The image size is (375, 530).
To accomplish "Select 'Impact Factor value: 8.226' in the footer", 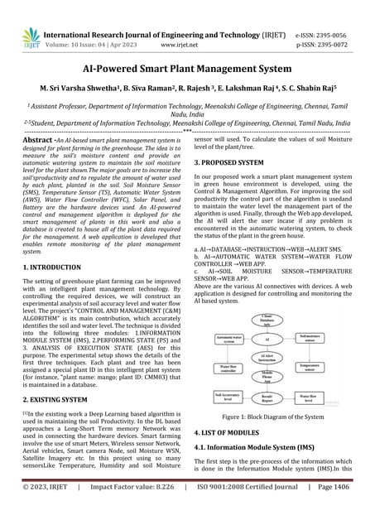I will pos(133,512).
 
